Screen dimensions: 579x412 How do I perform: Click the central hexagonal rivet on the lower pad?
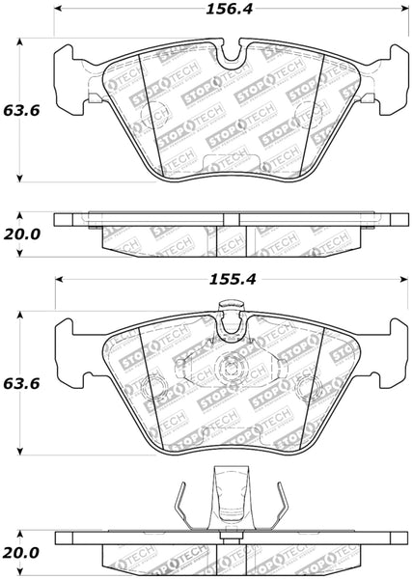click(x=230, y=368)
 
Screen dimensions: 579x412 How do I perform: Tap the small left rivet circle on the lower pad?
click(x=152, y=390)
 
